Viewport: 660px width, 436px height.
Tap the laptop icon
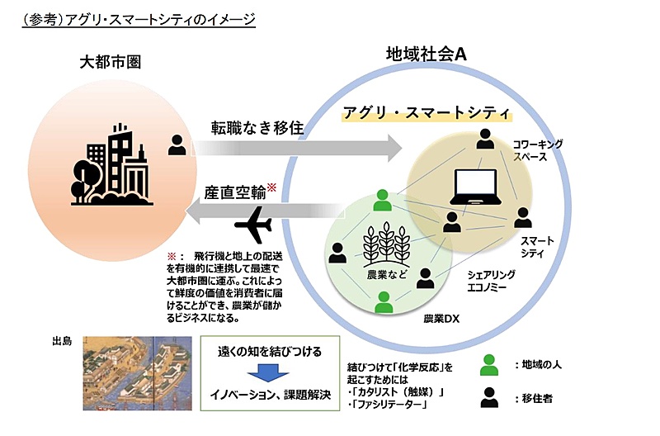(x=476, y=187)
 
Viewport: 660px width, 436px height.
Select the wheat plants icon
(x=386, y=244)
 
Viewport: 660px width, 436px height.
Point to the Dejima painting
(x=137, y=372)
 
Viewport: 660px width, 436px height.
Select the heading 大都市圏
(x=111, y=63)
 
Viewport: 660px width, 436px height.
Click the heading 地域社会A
(x=427, y=54)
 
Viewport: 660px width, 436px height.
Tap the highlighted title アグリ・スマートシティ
(x=427, y=113)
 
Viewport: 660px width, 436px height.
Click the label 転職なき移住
(x=257, y=128)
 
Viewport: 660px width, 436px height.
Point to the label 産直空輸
(x=235, y=192)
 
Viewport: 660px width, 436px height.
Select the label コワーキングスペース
(x=538, y=150)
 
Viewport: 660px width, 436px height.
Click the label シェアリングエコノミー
(x=491, y=281)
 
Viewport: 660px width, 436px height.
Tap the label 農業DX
(x=441, y=319)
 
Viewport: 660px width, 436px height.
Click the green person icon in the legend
(x=489, y=365)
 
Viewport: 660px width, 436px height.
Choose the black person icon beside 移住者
(x=489, y=397)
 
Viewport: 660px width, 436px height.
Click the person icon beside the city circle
(x=177, y=145)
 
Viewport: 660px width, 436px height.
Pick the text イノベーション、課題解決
(x=271, y=395)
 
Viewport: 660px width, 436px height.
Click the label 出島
(x=63, y=341)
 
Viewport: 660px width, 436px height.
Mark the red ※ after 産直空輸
(x=271, y=187)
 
